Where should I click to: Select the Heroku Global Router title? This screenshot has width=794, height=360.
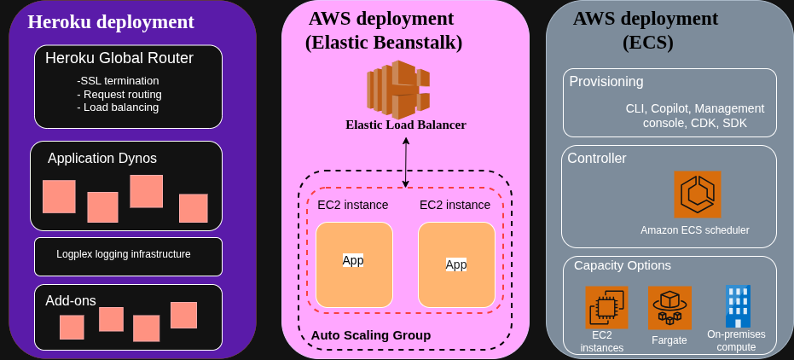119,59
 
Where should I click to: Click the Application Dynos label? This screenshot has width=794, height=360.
101,158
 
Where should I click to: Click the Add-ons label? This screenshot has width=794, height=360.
70,300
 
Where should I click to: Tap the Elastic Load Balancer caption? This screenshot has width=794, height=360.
406,125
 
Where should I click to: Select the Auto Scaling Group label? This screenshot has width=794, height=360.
370,335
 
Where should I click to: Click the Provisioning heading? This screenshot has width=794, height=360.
606,82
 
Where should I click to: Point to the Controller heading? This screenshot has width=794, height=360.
597,158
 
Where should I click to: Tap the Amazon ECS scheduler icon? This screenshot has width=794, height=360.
697,195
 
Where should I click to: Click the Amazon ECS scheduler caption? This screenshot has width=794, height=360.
694,230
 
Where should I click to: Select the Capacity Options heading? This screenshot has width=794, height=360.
622,265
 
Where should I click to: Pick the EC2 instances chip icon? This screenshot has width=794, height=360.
606,307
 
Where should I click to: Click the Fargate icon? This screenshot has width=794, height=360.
669,307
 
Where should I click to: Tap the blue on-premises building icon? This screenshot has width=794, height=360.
736,306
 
